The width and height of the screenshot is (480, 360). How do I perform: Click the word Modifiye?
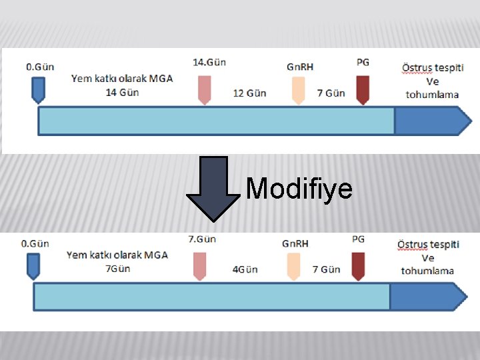click(299, 189)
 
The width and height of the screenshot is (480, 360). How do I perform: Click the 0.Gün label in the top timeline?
click(40, 67)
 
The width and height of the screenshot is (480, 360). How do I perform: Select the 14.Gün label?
click(209, 62)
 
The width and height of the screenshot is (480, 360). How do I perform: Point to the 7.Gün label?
click(202, 239)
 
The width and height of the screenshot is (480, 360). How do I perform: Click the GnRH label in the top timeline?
click(300, 67)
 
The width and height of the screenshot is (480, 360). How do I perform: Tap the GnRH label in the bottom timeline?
click(295, 243)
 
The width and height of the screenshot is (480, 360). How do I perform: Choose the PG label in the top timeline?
click(363, 62)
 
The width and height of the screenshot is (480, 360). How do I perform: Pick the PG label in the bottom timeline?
click(358, 239)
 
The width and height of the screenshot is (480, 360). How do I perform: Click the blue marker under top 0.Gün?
click(39, 89)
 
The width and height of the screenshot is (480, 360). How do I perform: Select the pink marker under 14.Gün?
click(205, 89)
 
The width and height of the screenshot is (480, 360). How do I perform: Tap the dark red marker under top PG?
click(363, 89)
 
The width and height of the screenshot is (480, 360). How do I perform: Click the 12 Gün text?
click(249, 93)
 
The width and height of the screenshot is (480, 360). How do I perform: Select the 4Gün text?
click(245, 270)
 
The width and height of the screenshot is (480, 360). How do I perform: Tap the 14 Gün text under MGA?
click(122, 92)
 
